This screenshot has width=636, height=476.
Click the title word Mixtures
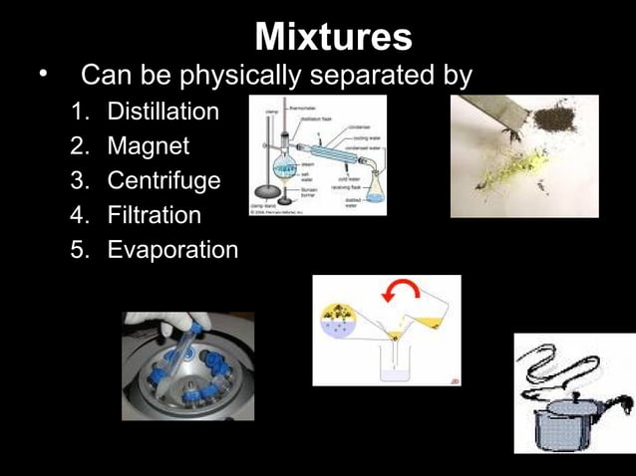click(333, 38)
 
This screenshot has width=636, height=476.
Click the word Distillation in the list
click(162, 112)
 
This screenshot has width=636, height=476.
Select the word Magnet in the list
click(148, 146)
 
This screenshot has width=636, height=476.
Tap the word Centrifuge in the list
click(164, 181)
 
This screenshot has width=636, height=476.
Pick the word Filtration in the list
click(154, 215)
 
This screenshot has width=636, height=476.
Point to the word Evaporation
click(172, 250)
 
